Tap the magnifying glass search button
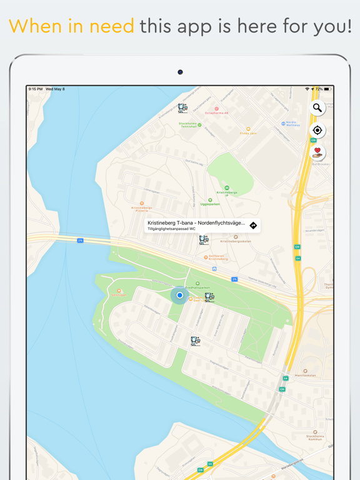317,108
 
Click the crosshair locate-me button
317,131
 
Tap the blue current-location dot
179,295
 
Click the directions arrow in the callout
253,226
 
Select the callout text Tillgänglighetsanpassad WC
171,229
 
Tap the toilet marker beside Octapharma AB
182,109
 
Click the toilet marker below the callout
204,239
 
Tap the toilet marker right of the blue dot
209,297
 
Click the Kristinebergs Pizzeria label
142,208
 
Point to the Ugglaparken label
211,203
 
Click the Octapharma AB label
217,112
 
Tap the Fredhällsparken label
197,287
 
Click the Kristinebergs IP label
226,193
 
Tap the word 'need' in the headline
113,26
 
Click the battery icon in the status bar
327,89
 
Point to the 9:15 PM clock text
36,89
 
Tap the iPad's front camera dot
180,72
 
